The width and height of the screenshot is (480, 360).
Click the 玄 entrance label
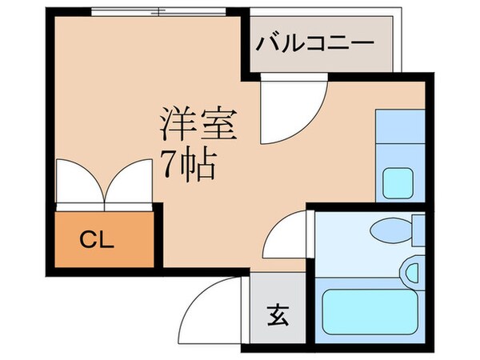pos(277,314)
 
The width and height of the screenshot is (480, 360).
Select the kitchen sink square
pos(398,183)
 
